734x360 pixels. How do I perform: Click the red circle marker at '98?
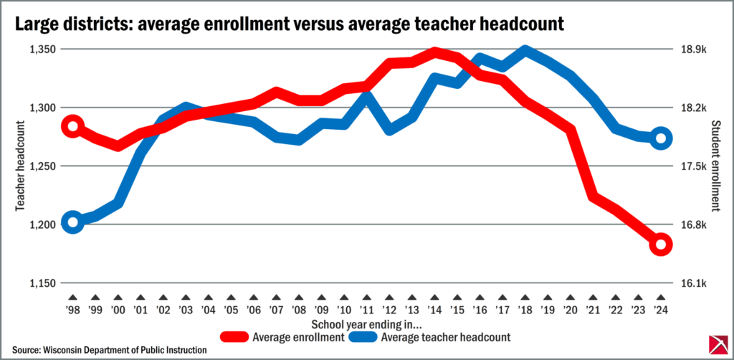72,126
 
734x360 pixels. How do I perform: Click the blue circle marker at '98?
72,222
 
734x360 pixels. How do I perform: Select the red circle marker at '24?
661,245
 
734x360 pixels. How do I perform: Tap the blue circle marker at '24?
661,138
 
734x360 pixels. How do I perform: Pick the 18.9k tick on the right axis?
693,49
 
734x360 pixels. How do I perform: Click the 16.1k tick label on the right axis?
693,283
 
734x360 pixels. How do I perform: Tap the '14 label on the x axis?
434,310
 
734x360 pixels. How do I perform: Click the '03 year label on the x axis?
186,310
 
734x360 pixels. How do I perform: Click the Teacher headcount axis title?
19,166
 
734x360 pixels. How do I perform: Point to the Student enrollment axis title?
715,166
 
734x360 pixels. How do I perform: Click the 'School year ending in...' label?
367,265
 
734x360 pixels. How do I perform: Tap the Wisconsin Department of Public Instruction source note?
110,349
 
